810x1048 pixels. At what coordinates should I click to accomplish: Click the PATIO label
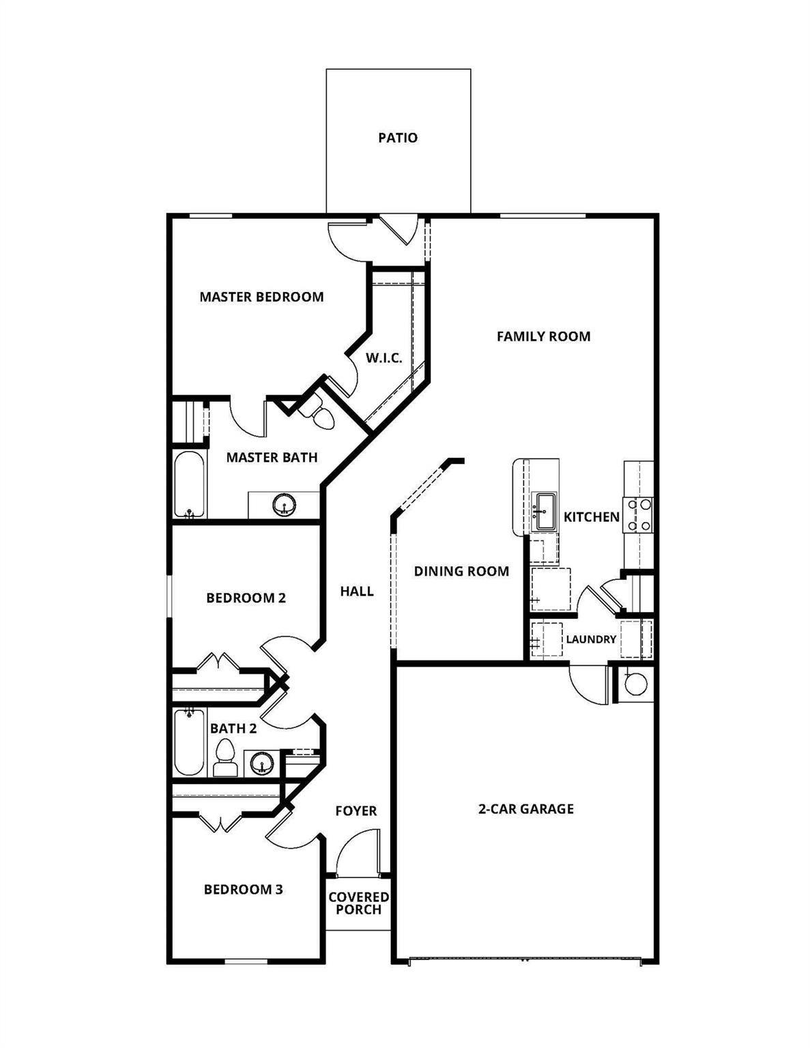pyautogui.click(x=398, y=138)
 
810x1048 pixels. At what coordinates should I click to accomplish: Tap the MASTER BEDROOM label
pyautogui.click(x=261, y=297)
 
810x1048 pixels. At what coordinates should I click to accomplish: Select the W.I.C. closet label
pyautogui.click(x=384, y=358)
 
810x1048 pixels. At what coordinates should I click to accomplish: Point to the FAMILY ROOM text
pyautogui.click(x=543, y=336)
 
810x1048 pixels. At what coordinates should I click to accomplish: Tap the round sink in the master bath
pyautogui.click(x=284, y=506)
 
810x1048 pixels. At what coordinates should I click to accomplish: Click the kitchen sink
pyautogui.click(x=544, y=510)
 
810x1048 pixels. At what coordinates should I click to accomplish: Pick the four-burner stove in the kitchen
pyautogui.click(x=639, y=514)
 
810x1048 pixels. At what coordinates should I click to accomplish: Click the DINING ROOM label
pyautogui.click(x=461, y=571)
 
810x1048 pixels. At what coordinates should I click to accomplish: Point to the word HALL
pyautogui.click(x=357, y=592)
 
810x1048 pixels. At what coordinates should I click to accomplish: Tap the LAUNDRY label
pyautogui.click(x=591, y=640)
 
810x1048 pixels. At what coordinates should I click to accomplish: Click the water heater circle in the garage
pyautogui.click(x=636, y=684)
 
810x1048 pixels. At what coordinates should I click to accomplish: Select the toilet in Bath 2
pyautogui.click(x=225, y=758)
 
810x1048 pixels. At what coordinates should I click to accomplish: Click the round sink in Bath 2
pyautogui.click(x=260, y=763)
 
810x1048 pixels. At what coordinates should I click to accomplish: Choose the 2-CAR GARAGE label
pyautogui.click(x=525, y=809)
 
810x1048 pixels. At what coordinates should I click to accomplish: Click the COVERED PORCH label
pyautogui.click(x=359, y=903)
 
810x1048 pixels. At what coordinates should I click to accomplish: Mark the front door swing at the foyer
pyautogui.click(x=358, y=853)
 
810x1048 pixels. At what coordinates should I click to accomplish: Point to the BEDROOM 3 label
pyautogui.click(x=243, y=890)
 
